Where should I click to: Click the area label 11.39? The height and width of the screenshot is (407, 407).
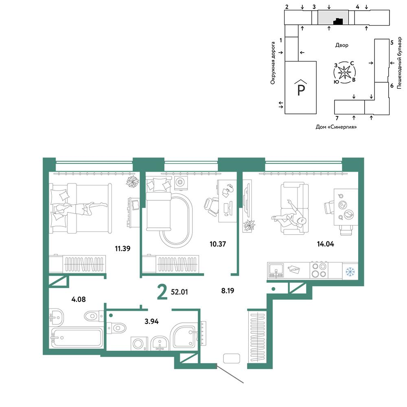(x=123, y=248)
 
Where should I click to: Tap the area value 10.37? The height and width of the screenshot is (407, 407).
(x=218, y=244)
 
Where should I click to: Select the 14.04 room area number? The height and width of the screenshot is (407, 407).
(x=326, y=244)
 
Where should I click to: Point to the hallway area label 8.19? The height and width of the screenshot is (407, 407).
(x=228, y=291)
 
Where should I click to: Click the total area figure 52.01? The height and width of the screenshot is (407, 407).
(x=179, y=292)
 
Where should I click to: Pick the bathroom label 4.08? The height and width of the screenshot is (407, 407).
(x=79, y=299)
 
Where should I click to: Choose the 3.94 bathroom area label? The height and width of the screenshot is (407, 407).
(x=151, y=322)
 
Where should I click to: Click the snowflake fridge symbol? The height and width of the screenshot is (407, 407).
(x=350, y=271)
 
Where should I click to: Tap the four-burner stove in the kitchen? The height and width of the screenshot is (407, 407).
(x=319, y=270)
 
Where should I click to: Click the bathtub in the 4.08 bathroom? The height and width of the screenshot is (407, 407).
(x=77, y=337)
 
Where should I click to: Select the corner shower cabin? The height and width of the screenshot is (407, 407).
(x=185, y=335)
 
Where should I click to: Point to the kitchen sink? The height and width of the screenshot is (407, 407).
(x=276, y=271)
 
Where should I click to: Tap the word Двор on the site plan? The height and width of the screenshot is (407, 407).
(x=342, y=45)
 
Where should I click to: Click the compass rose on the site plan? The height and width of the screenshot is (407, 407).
(x=344, y=72)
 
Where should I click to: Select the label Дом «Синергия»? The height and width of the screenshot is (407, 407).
(x=336, y=127)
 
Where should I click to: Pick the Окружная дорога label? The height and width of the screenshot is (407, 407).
(x=273, y=63)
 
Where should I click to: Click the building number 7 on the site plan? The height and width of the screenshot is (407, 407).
(x=337, y=118)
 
